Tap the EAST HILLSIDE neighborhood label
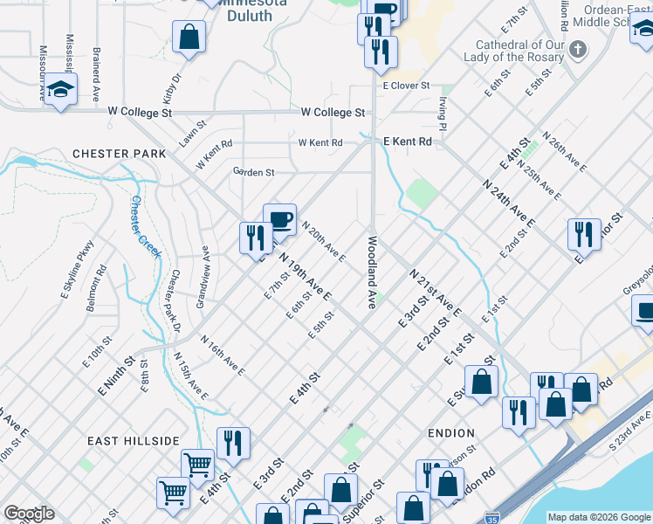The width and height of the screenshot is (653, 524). click(140, 441)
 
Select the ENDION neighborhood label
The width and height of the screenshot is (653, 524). click(451, 433)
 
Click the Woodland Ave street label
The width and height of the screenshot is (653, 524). click(371, 272)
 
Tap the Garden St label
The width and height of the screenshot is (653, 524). click(253, 172)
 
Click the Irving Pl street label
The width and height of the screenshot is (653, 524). click(443, 114)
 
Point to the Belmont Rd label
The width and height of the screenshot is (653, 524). click(101, 284)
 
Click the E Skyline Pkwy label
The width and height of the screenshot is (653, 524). click(77, 270)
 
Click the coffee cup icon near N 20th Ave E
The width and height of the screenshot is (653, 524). click(279, 220)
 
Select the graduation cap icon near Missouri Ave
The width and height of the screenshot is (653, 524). click(61, 89)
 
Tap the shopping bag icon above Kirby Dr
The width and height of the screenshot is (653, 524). click(189, 38)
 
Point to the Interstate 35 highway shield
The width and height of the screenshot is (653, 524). click(493, 517)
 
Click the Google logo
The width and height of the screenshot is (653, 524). click(29, 514)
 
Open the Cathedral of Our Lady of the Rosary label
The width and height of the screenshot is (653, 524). click(518, 51)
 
